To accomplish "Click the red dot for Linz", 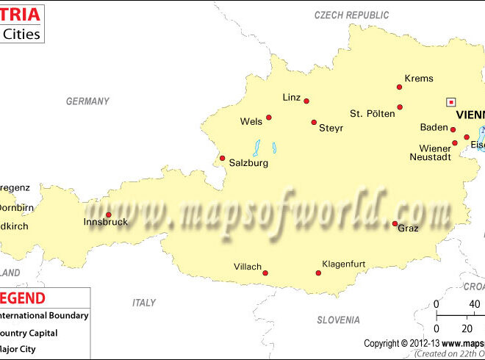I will click(306, 101).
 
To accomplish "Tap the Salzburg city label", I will click(248, 163).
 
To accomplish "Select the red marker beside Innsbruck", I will click(109, 215).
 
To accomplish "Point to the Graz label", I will click(408, 228).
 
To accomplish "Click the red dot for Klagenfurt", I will click(319, 273).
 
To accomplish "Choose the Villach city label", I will click(248, 267).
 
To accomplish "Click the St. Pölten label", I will click(372, 114).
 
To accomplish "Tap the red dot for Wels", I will click(269, 118).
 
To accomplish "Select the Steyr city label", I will click(331, 128).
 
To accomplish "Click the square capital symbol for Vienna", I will click(451, 102).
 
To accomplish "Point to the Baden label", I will click(434, 128).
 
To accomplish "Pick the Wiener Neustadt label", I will click(431, 153).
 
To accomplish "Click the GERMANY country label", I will click(87, 101).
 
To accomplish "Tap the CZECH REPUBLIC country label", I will click(351, 15).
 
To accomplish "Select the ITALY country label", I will click(144, 303).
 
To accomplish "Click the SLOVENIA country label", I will click(338, 320).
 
